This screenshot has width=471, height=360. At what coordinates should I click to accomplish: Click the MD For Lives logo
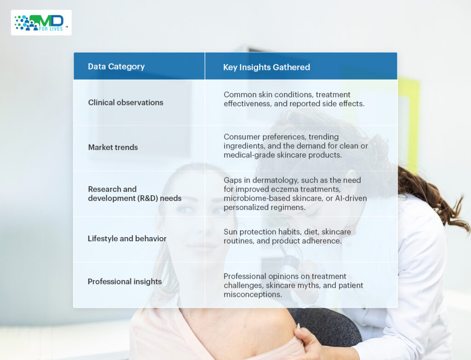41,23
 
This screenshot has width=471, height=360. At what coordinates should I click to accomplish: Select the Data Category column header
116,66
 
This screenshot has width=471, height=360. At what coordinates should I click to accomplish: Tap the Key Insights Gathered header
266,67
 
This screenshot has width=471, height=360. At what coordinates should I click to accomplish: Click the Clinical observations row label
126,103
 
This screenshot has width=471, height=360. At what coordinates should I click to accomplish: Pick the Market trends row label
113,147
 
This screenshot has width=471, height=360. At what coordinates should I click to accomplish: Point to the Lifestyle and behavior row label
127,238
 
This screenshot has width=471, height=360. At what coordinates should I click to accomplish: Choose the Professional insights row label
125,281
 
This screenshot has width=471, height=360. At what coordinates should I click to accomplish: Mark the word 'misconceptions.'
253,295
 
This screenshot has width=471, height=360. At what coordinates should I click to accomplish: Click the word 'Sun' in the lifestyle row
230,232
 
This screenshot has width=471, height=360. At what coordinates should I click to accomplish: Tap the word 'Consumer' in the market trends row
242,137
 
